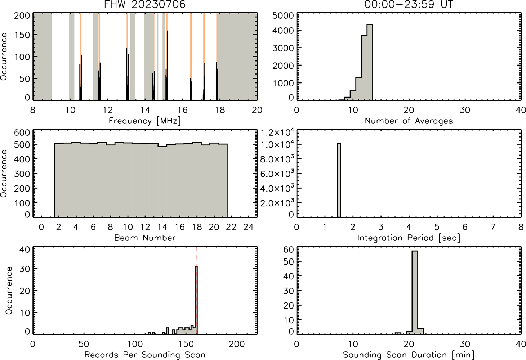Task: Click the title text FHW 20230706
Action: click(145, 4)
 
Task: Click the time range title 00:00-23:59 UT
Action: click(409, 4)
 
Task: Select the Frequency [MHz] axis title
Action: click(145, 121)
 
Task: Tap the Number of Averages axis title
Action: click(409, 121)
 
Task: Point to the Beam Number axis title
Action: click(145, 238)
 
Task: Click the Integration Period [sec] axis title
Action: click(409, 238)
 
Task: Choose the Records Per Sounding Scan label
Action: click(145, 355)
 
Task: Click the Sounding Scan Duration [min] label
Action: click(409, 355)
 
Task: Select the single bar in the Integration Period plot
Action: click(339, 180)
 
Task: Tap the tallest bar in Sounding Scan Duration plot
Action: click(415, 292)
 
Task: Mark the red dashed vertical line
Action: click(196, 291)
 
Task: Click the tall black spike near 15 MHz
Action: click(167, 65)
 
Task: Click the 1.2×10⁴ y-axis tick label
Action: click(277, 132)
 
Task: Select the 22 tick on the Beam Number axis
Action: click(231, 227)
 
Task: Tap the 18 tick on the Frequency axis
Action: click(220, 110)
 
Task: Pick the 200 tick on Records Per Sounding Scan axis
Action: click(237, 344)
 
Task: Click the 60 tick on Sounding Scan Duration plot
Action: click(289, 250)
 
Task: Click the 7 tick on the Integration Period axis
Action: click(493, 227)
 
